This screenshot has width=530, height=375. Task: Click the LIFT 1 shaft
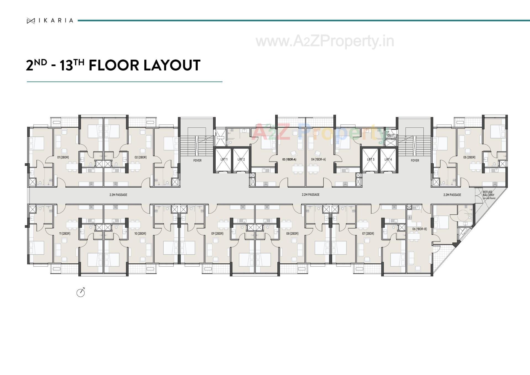pos(224,160)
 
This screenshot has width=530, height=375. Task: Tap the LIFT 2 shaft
pos(241,160)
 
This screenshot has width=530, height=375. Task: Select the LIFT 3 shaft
pos(370,160)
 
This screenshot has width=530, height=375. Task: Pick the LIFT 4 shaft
pos(388,160)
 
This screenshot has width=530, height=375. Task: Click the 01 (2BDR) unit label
pos(63,157)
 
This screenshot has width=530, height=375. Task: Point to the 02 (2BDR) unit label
pos(141,157)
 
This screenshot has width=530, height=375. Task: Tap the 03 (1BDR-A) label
pos(289,159)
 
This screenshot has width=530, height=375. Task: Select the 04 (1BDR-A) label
pos(318,159)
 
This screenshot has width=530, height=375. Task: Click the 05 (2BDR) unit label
pos(469,157)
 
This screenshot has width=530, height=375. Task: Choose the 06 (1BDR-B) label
pos(419,229)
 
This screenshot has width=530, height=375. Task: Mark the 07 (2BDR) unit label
pos(368,234)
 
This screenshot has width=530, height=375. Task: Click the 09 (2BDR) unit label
pos(217,234)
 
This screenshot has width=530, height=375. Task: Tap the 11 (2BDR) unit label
pos(65,234)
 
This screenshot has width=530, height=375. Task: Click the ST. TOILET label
pos(390,134)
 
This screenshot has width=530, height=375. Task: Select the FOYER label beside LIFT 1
pos(197,161)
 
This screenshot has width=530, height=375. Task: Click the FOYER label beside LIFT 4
pos(415,161)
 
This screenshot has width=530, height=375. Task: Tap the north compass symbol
pos(81,292)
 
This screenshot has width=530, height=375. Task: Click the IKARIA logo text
pos(56,20)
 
